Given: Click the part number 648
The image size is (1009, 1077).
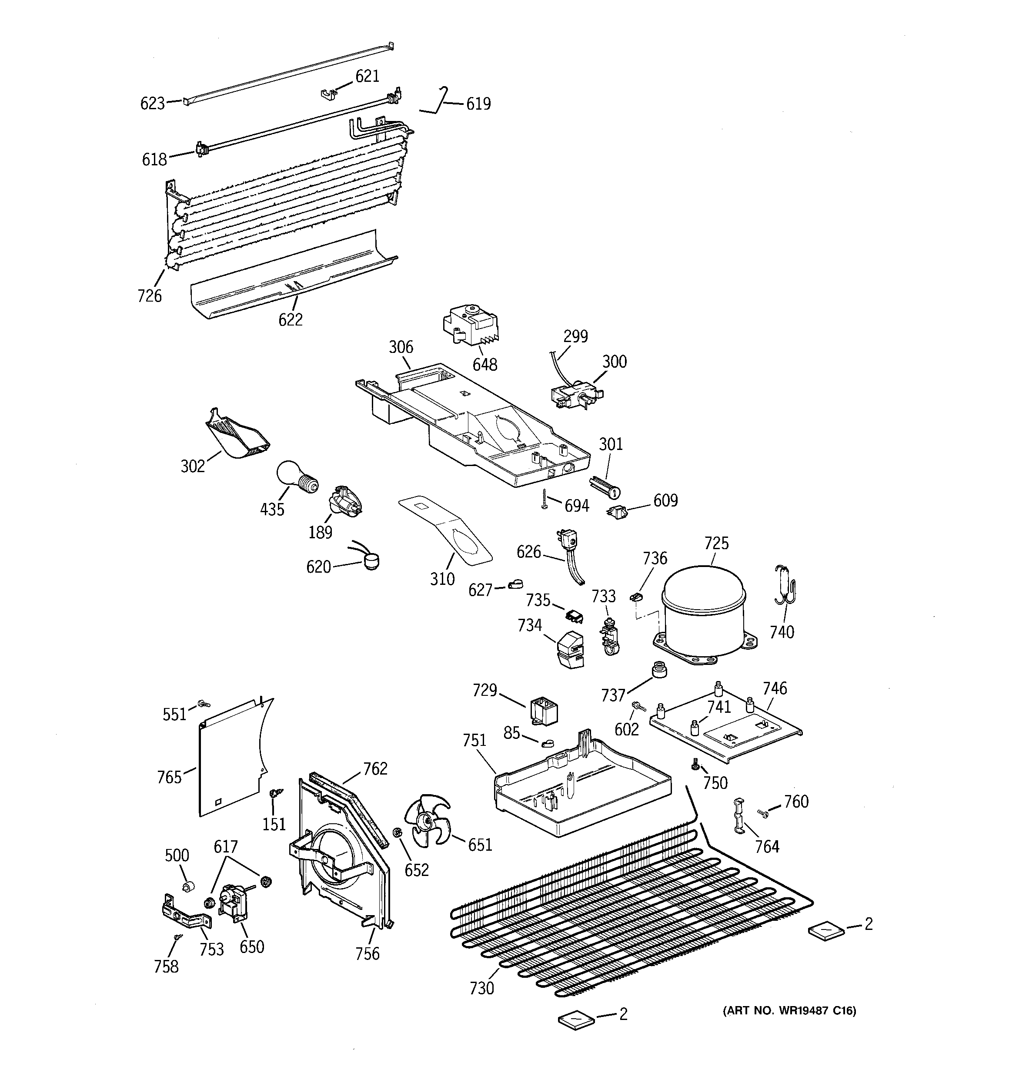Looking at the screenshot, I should click(485, 365).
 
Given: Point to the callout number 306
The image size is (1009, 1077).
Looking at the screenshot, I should click(401, 347).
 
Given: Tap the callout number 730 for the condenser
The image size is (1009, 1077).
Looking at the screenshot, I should click(481, 989).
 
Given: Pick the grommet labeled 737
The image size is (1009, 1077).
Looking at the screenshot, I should click(658, 670).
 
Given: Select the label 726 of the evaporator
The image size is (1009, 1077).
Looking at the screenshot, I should click(150, 296).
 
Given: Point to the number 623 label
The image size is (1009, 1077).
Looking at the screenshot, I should click(152, 103).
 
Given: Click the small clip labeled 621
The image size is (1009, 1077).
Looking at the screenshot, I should click(327, 95).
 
